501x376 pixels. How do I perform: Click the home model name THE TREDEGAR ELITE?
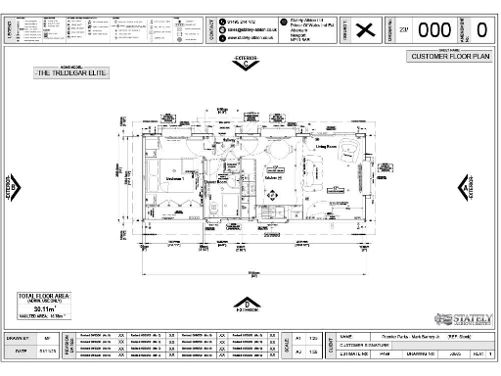click(x=71, y=73)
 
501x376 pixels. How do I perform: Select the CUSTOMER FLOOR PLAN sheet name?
click(x=447, y=57)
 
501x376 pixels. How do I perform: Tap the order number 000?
click(x=434, y=29)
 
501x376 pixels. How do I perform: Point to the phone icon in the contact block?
click(x=222, y=21)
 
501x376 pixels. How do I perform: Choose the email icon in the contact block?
click(x=222, y=29)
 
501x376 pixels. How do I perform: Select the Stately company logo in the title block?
click(x=464, y=319)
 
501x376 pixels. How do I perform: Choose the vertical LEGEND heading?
click(x=10, y=29)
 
